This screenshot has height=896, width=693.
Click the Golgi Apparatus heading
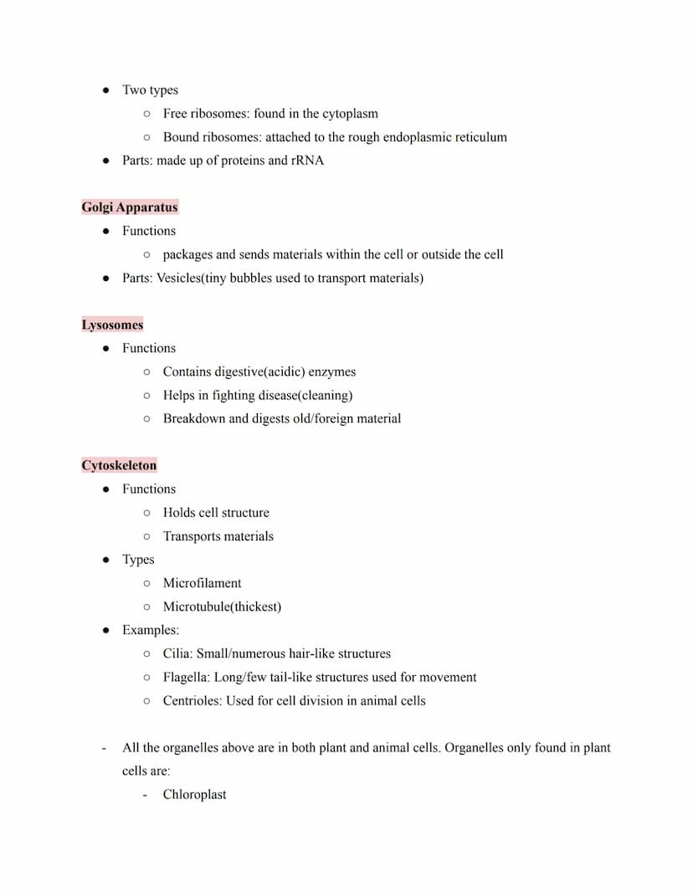point(129,207)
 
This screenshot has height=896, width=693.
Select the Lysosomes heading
point(112,325)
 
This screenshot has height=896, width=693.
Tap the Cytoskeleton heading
point(119,465)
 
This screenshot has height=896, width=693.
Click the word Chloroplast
point(194,795)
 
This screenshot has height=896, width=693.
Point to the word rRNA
point(307,160)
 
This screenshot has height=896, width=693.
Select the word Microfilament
point(202,583)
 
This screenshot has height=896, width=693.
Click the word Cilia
point(177,653)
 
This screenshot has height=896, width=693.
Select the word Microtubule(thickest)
point(222,607)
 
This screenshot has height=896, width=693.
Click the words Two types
point(150,90)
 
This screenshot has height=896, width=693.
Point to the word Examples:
point(151,630)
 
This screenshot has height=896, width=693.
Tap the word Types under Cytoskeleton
point(138,560)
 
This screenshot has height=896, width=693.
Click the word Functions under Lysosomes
point(149,348)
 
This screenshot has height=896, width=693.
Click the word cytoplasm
point(350,113)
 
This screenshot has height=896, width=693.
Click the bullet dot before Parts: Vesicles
point(106,278)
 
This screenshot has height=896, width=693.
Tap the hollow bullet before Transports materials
point(147,536)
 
